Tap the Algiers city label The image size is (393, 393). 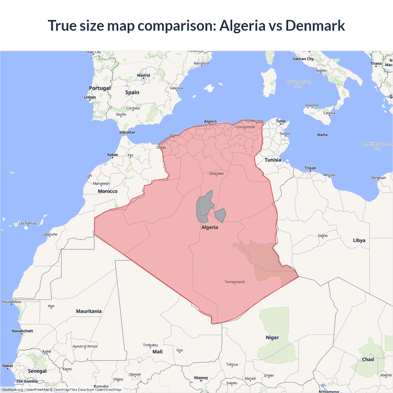(210, 122)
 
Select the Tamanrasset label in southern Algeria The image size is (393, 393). (235, 282)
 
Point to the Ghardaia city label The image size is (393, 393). (216, 173)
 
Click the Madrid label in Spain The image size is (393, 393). (143, 75)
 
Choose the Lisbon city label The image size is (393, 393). (90, 97)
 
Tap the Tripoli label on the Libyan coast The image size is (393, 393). (310, 168)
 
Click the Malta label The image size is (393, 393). (322, 135)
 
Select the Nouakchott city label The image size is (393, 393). (22, 331)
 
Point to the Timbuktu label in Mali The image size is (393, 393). (150, 345)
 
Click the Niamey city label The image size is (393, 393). (201, 378)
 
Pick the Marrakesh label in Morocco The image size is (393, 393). (101, 184)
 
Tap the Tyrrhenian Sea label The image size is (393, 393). (299, 84)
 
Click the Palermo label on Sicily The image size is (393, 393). (312, 105)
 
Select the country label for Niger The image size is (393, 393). (272, 337)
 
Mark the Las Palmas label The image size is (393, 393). (28, 224)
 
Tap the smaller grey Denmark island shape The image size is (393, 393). (220, 215)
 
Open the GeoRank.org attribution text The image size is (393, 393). (12, 390)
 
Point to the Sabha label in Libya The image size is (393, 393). (322, 236)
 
